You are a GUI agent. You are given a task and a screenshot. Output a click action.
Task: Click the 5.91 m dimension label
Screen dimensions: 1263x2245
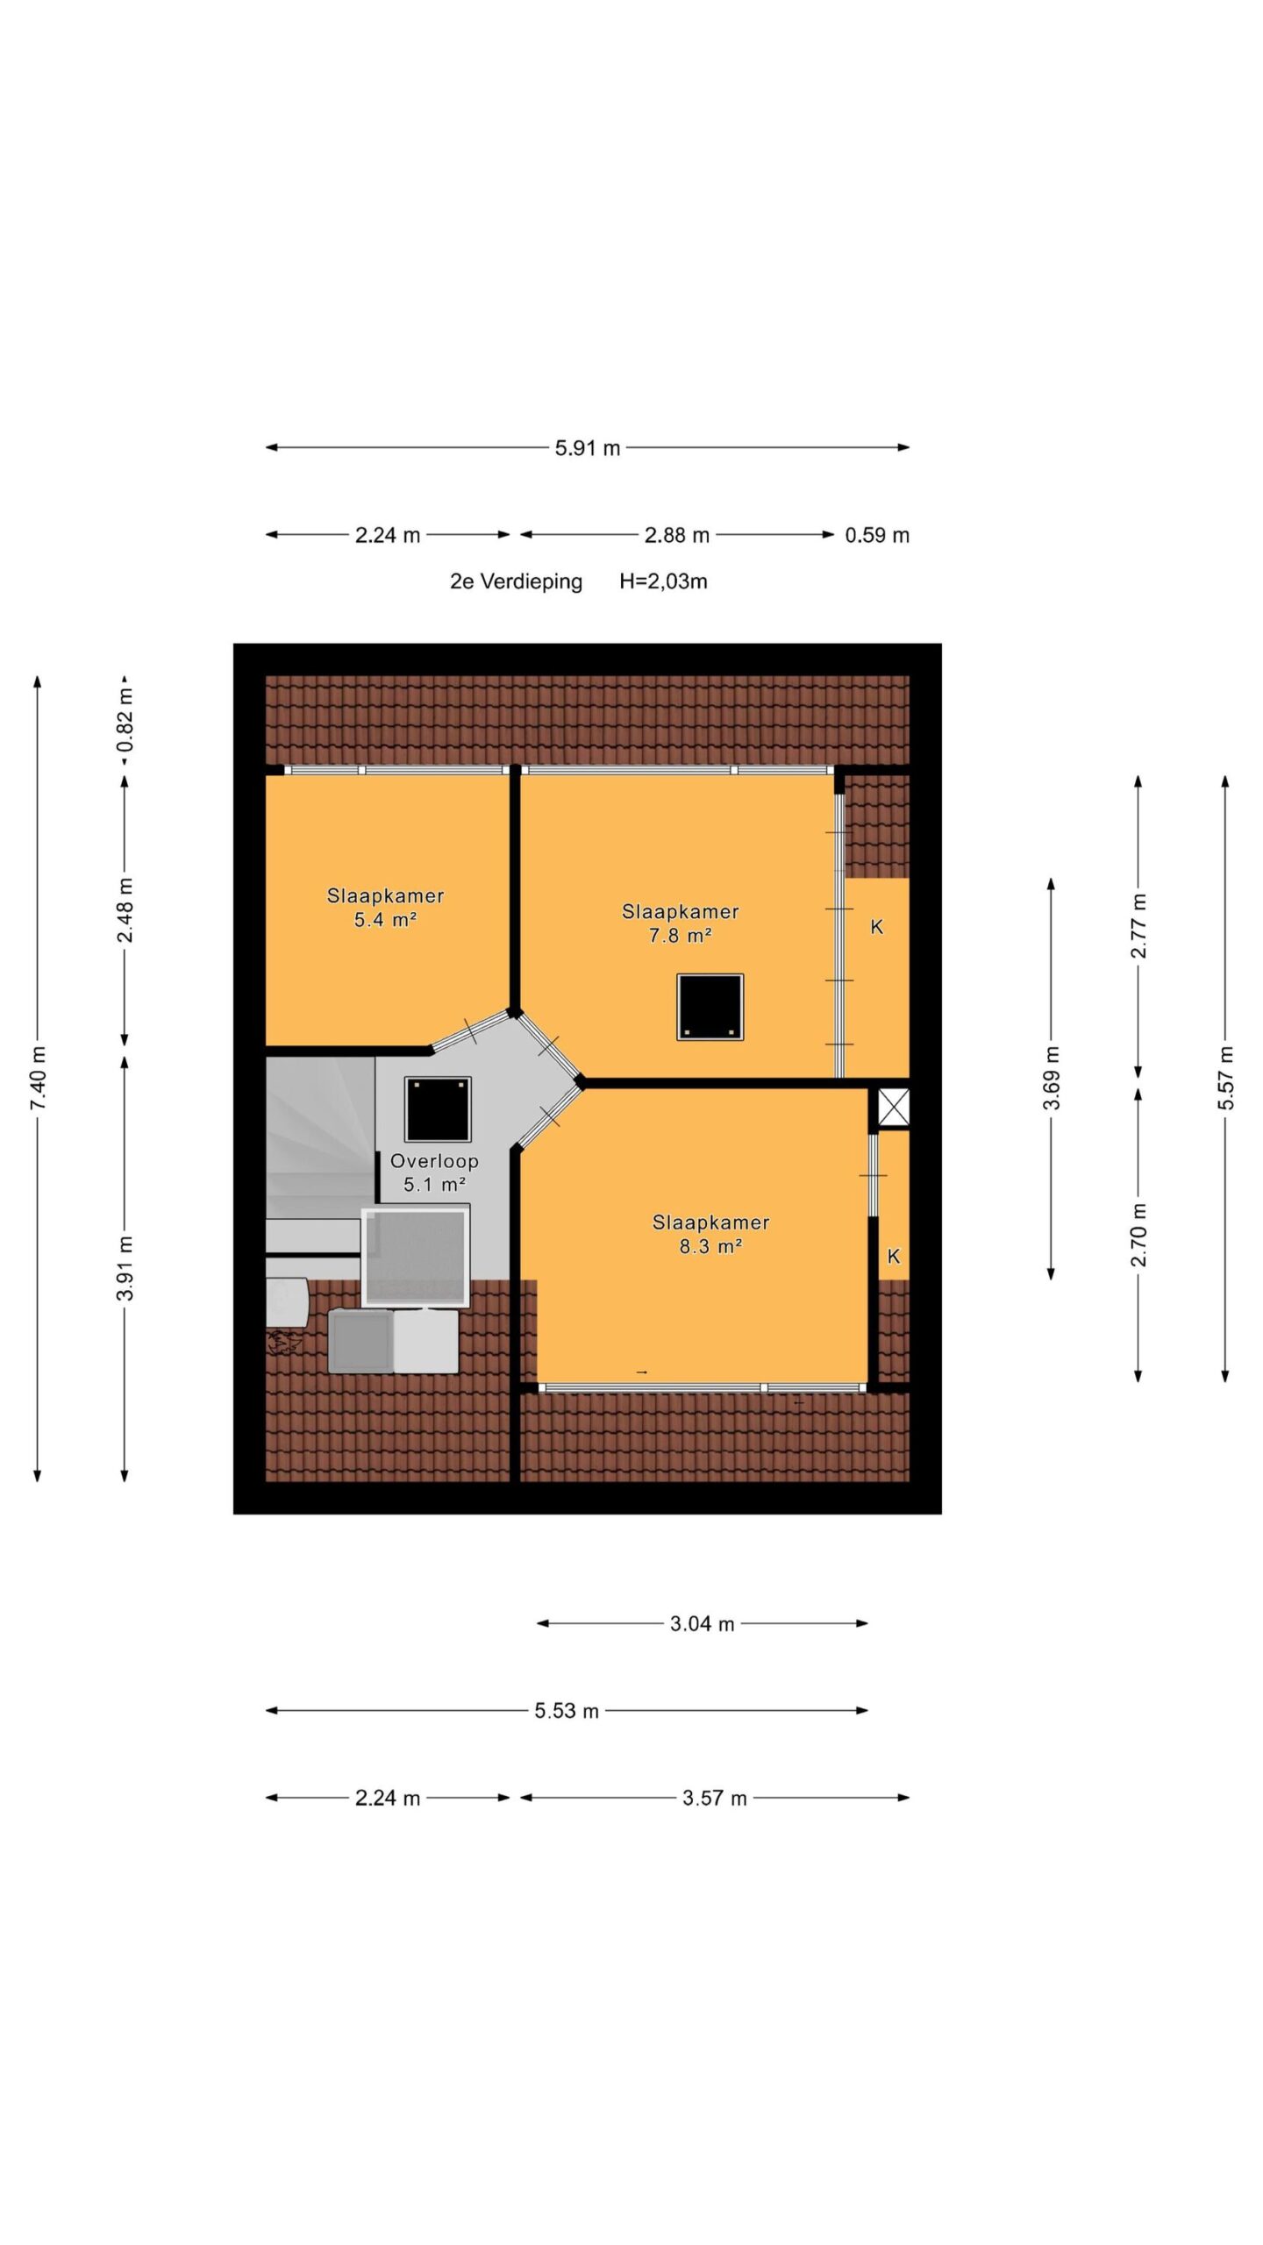pos(587,448)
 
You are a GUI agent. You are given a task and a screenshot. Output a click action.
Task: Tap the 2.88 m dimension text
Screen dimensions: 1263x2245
pos(676,535)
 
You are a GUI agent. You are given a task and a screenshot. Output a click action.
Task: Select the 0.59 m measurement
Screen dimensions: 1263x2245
pos(877,535)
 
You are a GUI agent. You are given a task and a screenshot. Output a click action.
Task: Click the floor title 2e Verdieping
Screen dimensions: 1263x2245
pos(516,581)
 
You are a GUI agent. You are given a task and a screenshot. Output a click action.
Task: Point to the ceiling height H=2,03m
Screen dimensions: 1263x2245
pos(663,581)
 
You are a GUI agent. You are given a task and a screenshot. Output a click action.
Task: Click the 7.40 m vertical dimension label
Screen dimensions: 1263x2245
pos(39,1078)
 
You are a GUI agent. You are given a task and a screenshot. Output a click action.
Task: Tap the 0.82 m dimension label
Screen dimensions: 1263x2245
pos(125,720)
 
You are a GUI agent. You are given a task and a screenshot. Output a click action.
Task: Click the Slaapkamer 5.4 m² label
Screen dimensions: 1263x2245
pos(385,908)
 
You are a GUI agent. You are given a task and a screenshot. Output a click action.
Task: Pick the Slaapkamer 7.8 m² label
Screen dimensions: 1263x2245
pos(680,923)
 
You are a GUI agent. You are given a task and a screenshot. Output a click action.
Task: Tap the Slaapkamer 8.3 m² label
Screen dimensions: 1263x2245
pos(710,1234)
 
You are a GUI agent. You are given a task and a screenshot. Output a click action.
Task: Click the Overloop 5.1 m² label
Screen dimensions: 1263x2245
pos(434,1172)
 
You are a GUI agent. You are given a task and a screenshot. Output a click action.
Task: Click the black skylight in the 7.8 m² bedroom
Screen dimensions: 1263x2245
pos(710,1008)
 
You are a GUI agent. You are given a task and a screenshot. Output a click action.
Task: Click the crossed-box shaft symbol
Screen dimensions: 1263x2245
pos(894,1108)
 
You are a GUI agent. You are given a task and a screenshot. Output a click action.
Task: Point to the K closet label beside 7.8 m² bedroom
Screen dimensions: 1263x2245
pos(876,927)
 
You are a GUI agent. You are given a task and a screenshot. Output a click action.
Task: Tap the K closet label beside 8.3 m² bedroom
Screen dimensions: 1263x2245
pos(894,1257)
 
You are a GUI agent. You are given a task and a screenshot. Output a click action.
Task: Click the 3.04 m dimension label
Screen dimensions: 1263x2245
pos(702,1624)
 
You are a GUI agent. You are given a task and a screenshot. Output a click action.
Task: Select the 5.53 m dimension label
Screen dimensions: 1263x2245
pos(567,1711)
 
